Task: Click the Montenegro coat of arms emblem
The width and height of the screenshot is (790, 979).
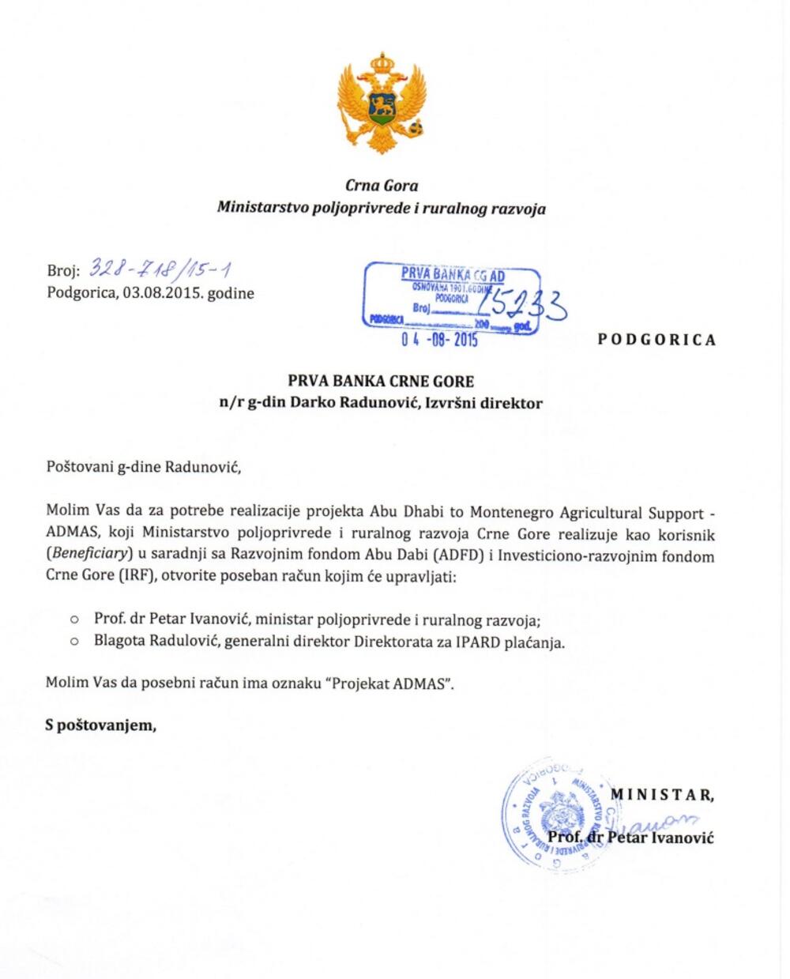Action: (382, 102)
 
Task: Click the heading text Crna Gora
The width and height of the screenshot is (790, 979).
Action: (382, 186)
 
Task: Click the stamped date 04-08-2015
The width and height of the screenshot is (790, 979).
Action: (439, 341)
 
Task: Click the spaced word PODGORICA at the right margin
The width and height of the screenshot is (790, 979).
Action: (657, 340)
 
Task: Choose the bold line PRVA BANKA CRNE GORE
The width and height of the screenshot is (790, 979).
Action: (381, 381)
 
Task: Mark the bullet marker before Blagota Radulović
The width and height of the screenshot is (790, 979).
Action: (75, 642)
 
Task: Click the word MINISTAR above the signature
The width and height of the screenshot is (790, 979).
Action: (662, 795)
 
